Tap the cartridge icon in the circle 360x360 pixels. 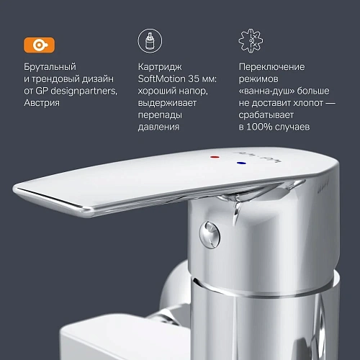point(148,42)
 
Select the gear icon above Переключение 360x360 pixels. point(249,42)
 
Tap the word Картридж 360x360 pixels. point(158,67)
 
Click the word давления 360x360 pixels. point(160,127)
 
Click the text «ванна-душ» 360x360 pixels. point(266,91)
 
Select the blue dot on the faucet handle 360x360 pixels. point(240,165)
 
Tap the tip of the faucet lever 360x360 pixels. point(22,191)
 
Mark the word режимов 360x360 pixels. point(259,78)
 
